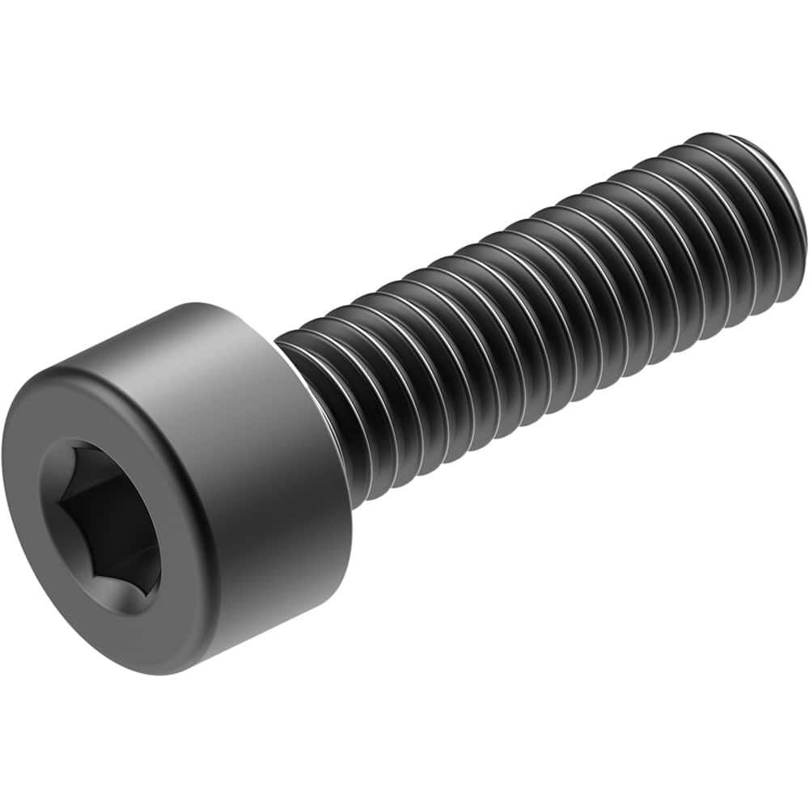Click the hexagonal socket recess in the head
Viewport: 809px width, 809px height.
coord(101,526)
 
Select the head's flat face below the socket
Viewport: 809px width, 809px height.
coord(121,639)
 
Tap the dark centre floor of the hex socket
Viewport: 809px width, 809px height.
coord(101,526)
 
